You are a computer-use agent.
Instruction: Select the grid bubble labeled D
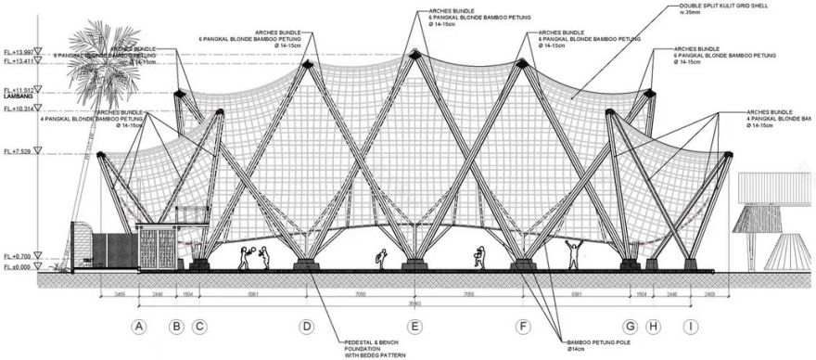click(307, 327)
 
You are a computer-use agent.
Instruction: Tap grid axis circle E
click(415, 327)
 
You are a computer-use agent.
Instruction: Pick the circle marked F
click(524, 327)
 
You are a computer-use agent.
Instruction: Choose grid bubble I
click(691, 327)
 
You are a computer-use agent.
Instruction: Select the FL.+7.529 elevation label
click(18, 150)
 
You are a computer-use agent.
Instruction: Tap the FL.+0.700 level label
click(17, 255)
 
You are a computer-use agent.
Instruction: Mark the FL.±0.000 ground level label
click(17, 266)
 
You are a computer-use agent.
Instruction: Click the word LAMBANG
click(15, 96)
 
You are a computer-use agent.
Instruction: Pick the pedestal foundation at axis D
click(307, 265)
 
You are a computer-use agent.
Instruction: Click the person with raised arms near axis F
click(572, 253)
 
